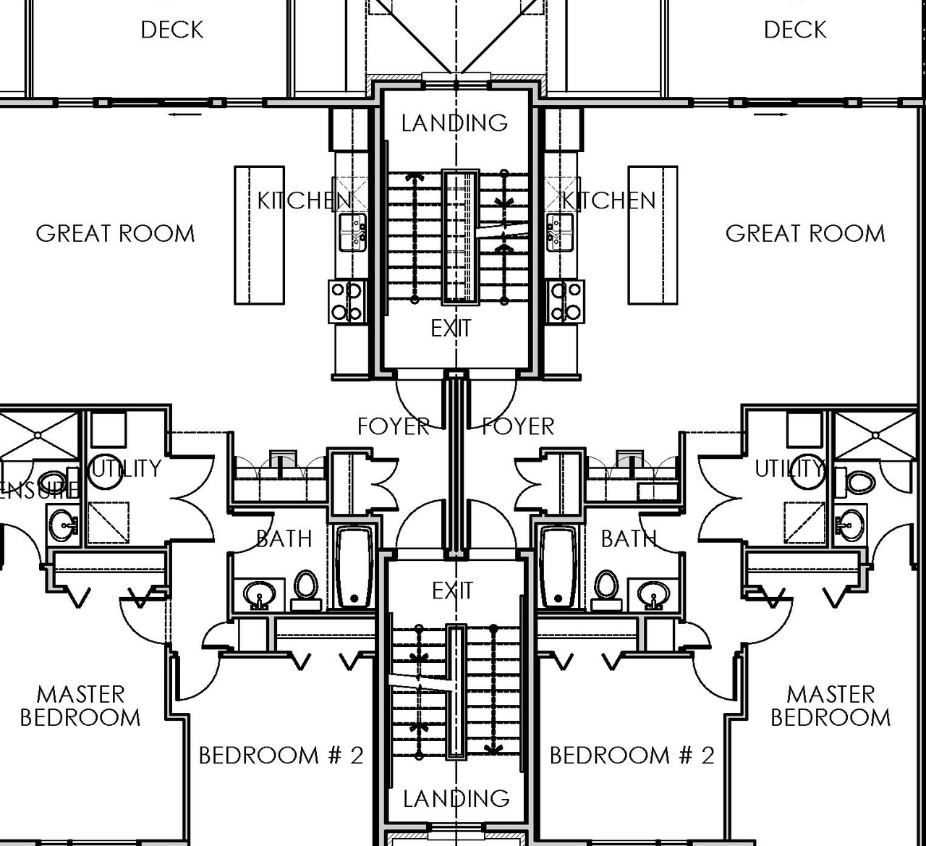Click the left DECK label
(172, 30)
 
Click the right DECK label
(794, 30)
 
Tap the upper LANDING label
(454, 123)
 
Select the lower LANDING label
(456, 798)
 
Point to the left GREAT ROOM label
(115, 233)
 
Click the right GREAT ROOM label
(805, 233)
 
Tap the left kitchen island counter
(259, 235)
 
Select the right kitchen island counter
(653, 235)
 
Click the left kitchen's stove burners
(346, 301)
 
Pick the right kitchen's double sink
(560, 232)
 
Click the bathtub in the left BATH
(354, 567)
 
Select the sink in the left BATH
(258, 595)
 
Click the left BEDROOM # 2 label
(281, 756)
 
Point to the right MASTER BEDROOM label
(831, 706)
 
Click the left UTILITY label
(126, 468)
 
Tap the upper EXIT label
(451, 329)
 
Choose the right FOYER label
(518, 426)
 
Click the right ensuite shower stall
(875, 435)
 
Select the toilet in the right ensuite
(858, 482)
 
